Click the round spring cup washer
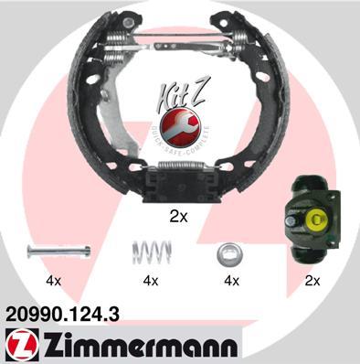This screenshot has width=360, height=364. (228, 252)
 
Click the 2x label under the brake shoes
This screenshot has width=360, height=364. (178, 216)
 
